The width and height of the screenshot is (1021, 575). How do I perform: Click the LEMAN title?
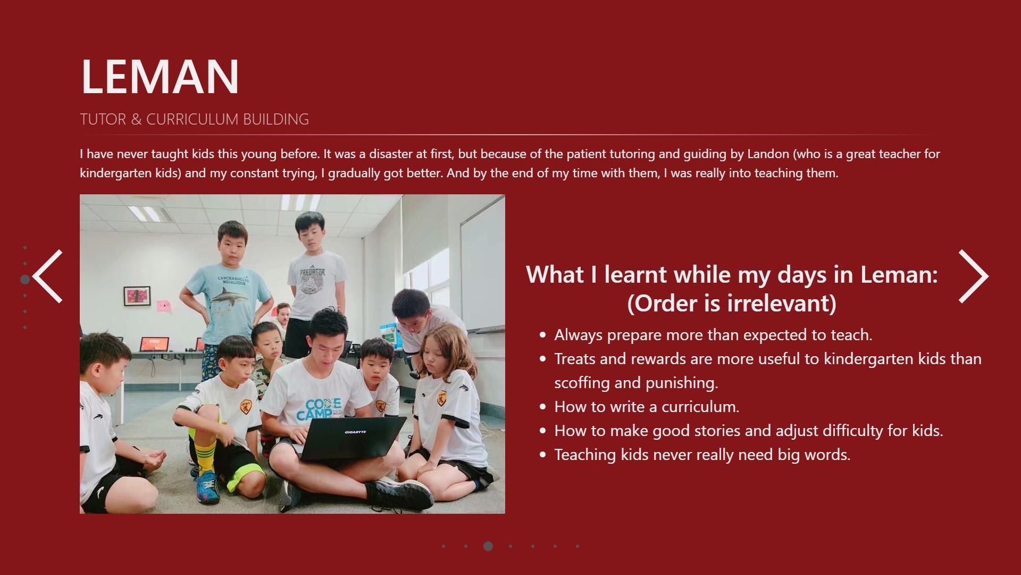[x=160, y=77]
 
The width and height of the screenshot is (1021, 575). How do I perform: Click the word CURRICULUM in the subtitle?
[x=185, y=119]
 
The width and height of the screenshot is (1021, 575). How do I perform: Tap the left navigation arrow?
[x=48, y=276]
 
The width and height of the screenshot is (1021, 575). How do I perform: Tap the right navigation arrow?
[x=973, y=276]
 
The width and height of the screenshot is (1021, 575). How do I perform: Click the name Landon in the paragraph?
[x=768, y=154]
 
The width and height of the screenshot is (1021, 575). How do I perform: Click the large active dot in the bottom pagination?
[x=488, y=546]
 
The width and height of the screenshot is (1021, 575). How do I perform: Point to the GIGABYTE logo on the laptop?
[x=355, y=432]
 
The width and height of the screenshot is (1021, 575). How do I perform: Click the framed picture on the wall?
[x=137, y=296]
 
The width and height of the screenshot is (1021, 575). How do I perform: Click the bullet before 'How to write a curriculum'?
[x=542, y=407]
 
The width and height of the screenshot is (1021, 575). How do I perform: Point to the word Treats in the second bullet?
[x=575, y=359]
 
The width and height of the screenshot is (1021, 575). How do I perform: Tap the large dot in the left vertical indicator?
[x=25, y=280]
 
